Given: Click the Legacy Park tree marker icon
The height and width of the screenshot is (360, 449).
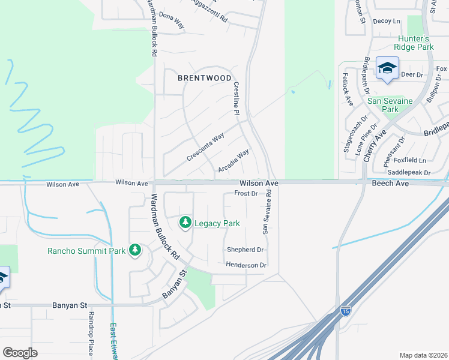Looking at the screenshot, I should click(x=185, y=223).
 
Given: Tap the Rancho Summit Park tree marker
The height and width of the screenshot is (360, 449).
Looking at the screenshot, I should click(x=135, y=250).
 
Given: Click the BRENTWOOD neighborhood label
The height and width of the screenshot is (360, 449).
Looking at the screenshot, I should click(x=205, y=78).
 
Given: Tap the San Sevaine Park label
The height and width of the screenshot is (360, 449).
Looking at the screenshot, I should click(x=390, y=105).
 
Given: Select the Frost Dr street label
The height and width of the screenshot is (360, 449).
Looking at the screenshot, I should click(x=246, y=194).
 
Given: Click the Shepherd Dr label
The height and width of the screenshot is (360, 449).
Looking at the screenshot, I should click(x=245, y=250).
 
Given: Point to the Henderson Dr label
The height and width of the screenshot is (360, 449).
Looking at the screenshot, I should click(x=246, y=265).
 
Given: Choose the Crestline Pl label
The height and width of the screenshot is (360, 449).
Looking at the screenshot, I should click(x=237, y=99).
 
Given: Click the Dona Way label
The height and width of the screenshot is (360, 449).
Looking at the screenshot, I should click(x=171, y=22).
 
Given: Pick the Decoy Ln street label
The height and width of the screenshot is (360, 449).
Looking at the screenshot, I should click(x=386, y=21).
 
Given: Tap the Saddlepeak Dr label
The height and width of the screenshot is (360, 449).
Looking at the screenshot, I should click(x=411, y=172).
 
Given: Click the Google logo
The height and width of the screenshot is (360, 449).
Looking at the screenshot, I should click(x=20, y=353).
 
